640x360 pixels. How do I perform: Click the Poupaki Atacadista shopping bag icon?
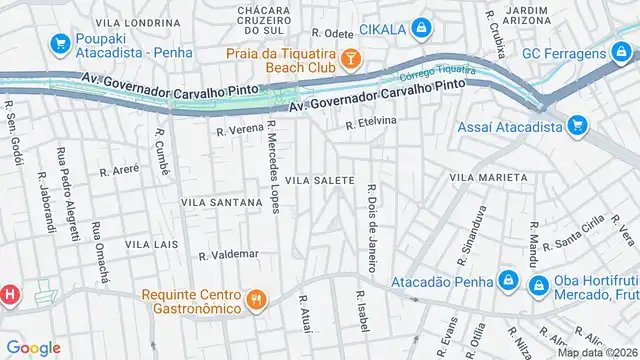pos(59,46)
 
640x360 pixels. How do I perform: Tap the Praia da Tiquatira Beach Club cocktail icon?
pos(350,60)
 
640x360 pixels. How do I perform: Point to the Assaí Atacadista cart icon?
pos(576,127)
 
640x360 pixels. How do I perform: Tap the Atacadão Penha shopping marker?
pos(508,280)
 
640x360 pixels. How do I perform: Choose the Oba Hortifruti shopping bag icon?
pos(537,285)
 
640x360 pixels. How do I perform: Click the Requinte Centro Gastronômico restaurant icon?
pos(256,300)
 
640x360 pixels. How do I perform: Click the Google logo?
pos(34,348)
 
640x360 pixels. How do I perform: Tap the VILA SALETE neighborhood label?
pos(320,180)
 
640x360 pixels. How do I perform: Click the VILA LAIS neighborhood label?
pos(151,244)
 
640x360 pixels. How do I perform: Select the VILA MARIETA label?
pos(488,177)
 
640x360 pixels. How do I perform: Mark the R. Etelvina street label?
pos(371,124)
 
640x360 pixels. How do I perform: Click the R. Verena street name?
pos(239,130)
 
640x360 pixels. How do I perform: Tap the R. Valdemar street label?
pos(228,254)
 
